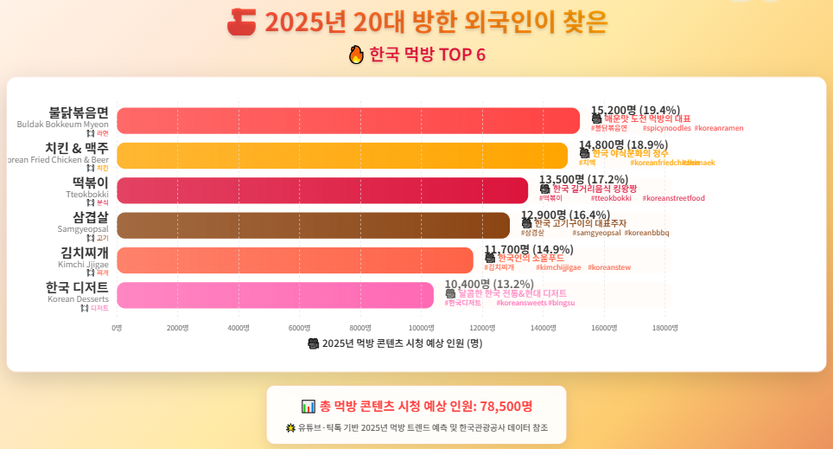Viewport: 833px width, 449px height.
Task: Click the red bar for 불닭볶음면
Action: [348, 120]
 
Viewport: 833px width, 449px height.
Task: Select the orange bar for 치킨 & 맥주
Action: [342, 156]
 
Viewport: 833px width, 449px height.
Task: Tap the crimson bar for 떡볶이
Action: [322, 190]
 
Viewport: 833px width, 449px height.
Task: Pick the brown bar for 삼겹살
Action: [313, 225]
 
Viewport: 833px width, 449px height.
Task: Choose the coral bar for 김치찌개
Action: [295, 260]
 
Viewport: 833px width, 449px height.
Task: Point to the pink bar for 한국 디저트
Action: [275, 295]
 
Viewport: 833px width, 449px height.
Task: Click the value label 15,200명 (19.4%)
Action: [635, 110]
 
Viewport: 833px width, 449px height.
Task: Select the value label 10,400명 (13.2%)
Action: [489, 284]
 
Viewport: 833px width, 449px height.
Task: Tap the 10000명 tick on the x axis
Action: [421, 328]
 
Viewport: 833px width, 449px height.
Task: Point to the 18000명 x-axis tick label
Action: [664, 328]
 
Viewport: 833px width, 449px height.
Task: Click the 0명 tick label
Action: [117, 328]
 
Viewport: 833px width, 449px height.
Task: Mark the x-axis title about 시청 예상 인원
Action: [395, 343]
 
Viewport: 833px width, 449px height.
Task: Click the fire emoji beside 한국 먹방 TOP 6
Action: [356, 55]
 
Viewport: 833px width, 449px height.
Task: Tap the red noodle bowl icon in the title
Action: [242, 22]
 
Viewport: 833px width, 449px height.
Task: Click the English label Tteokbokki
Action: [87, 195]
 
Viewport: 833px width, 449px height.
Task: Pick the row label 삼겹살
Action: [91, 217]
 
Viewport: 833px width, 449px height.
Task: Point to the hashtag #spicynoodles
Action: [666, 128]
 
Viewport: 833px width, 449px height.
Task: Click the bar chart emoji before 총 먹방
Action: [308, 406]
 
